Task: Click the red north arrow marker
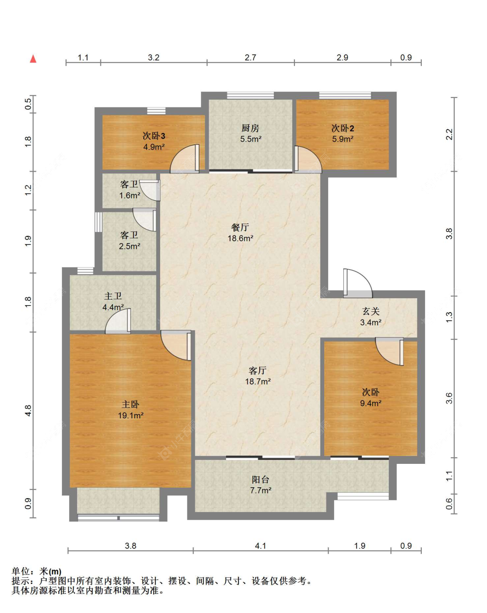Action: tap(33, 59)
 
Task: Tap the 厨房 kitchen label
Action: tap(250, 128)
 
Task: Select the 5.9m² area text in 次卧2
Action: tap(342, 139)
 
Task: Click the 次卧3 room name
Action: tap(154, 136)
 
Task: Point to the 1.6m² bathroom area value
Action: tap(129, 196)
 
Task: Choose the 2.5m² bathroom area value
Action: tap(129, 246)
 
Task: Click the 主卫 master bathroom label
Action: tap(113, 296)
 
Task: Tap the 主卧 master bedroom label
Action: tap(131, 404)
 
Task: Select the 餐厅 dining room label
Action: tap(240, 227)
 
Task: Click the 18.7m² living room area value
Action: tap(258, 381)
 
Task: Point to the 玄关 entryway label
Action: tap(371, 311)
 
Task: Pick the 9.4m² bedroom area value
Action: tap(371, 403)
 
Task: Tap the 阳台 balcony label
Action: tap(260, 479)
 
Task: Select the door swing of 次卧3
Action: tap(184, 159)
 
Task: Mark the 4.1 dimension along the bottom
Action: tap(260, 546)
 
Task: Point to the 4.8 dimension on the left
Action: tap(28, 411)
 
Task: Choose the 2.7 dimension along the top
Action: tap(250, 58)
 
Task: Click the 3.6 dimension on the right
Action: tap(449, 398)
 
